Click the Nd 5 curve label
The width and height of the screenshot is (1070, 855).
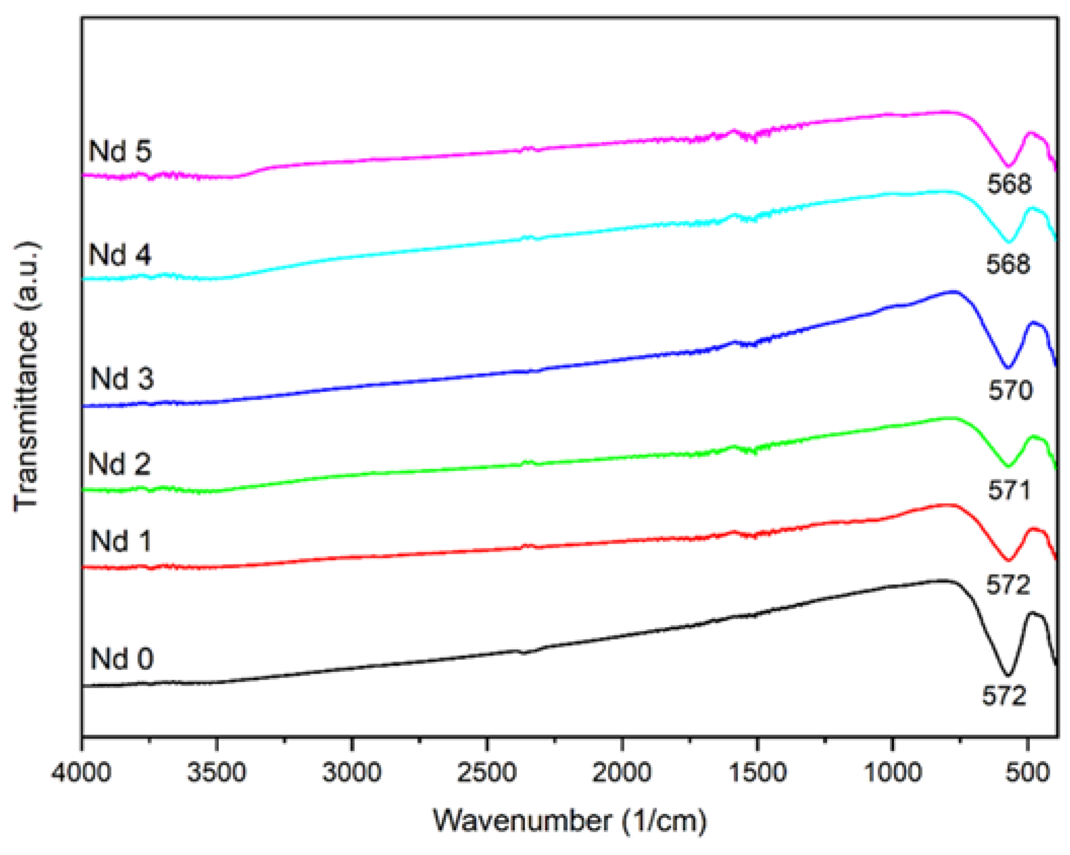coord(120,151)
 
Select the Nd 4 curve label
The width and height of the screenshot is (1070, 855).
coord(120,255)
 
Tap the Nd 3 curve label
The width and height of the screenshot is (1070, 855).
coord(122,378)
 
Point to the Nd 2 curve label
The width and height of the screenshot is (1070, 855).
coord(120,464)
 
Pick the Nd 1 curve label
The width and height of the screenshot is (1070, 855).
coord(121,541)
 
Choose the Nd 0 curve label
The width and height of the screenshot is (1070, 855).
coord(122,659)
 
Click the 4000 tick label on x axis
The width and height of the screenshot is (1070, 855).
coord(81,773)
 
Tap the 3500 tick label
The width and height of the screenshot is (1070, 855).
coord(216,773)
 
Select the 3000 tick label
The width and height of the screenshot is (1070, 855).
coord(352,773)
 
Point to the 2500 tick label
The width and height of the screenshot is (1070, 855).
coord(487,773)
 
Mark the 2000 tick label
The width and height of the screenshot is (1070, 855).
coord(622,773)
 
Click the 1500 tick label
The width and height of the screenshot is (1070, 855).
coord(757,773)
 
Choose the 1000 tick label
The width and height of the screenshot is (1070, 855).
coord(893,773)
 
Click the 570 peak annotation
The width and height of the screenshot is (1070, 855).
coord(1010,390)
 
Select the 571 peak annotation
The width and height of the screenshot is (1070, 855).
coord(1009,490)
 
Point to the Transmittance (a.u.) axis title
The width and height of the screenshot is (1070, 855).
coord(26,376)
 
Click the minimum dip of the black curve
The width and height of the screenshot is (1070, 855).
coord(1008,675)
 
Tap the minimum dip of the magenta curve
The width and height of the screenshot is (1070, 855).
coord(1009,166)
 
